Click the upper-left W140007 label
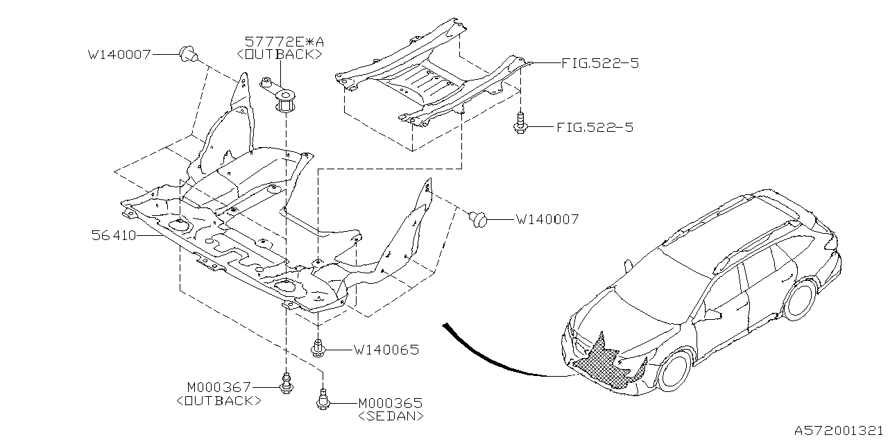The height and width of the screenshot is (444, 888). pos(119,53)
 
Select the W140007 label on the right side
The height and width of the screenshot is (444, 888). pos(547,220)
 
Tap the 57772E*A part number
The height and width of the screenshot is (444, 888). pos(283,42)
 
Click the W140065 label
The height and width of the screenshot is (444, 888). pos(386,350)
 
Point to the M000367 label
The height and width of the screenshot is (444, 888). pos(217,387)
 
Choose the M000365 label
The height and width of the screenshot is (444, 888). pos(391,402)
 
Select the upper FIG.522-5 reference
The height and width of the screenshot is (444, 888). pos(601,63)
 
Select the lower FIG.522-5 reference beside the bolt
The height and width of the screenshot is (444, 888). pos(595,128)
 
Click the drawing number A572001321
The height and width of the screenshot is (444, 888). pos(838,430)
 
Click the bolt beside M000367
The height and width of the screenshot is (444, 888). pos(285,383)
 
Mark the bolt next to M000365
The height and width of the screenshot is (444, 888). pos(323,400)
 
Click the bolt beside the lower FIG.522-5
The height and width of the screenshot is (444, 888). pos(520,125)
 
